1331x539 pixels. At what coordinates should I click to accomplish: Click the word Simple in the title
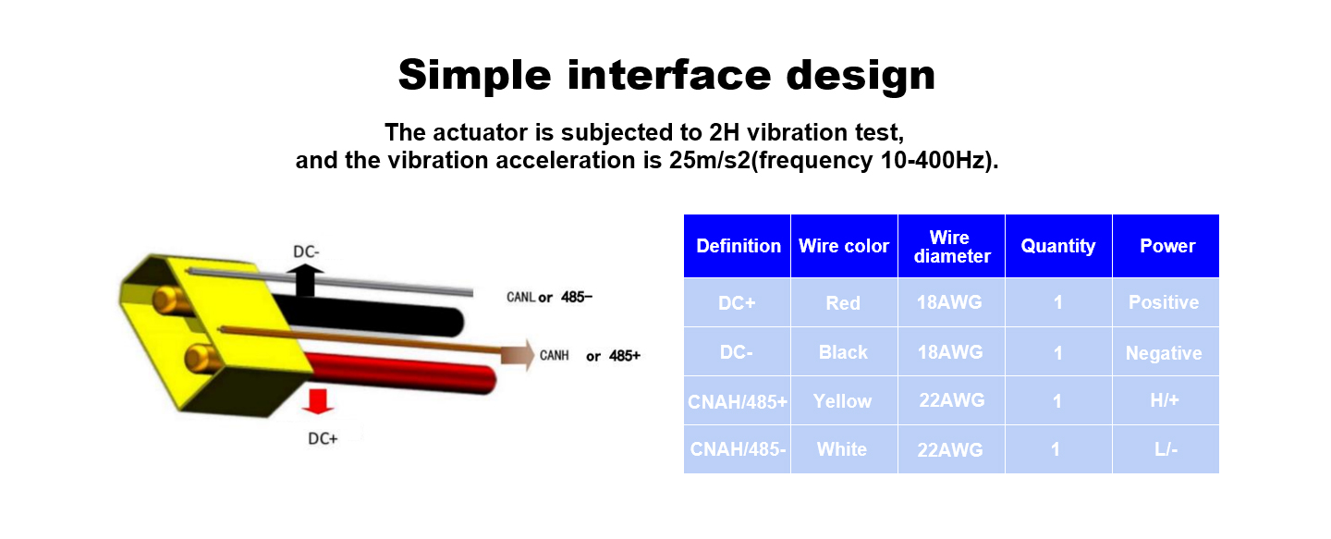pyautogui.click(x=474, y=76)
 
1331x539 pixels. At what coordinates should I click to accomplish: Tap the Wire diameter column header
pyautogui.click(x=951, y=246)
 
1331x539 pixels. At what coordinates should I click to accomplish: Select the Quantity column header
pyautogui.click(x=1058, y=246)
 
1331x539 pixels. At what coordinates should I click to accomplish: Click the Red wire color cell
pyautogui.click(x=843, y=302)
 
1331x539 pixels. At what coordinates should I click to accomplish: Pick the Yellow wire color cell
pyautogui.click(x=843, y=400)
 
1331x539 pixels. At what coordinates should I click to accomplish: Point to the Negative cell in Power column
pyautogui.click(x=1166, y=352)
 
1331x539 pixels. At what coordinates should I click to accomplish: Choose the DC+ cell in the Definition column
pyautogui.click(x=737, y=302)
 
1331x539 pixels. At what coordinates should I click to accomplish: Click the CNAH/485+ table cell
pyautogui.click(x=737, y=400)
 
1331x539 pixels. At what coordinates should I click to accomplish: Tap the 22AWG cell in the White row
pyautogui.click(x=951, y=449)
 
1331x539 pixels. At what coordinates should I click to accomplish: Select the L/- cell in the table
pyautogui.click(x=1166, y=449)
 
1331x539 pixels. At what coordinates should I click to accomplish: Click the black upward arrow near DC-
pyautogui.click(x=305, y=281)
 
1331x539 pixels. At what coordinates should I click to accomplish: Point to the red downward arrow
pyautogui.click(x=318, y=401)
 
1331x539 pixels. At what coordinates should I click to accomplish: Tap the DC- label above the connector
pyautogui.click(x=306, y=252)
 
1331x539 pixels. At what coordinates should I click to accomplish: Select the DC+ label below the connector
pyautogui.click(x=323, y=438)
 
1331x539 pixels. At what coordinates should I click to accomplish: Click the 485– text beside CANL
pyautogui.click(x=577, y=297)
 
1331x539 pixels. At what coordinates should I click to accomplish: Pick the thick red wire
pyautogui.click(x=402, y=373)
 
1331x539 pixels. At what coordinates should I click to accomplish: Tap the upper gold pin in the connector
pyautogui.click(x=171, y=300)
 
